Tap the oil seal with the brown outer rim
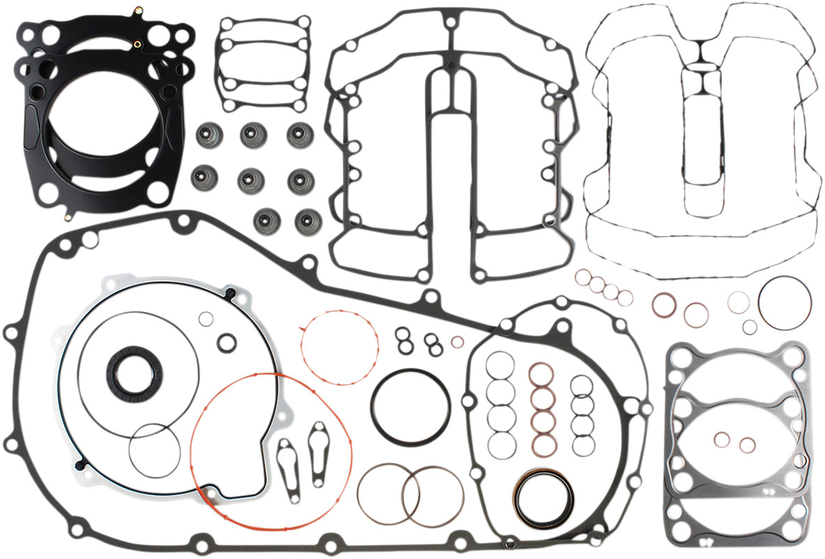coord(543,498)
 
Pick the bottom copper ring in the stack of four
coord(543,443)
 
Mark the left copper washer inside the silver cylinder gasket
coord(722,439)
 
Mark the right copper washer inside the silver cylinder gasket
coord(747,445)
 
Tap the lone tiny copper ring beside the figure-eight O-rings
coord(457,342)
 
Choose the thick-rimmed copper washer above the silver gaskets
coord(664,304)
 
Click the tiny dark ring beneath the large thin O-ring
coord(749,327)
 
